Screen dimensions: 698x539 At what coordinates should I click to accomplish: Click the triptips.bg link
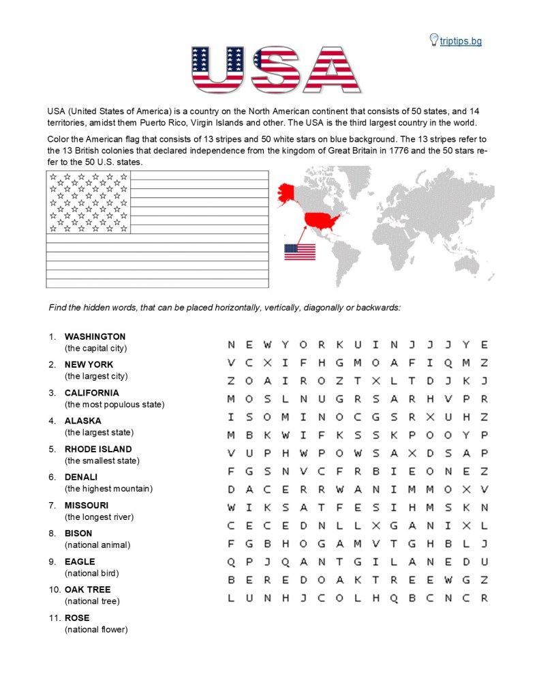pyautogui.click(x=460, y=41)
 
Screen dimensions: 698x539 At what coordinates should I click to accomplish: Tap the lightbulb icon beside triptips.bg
pyautogui.click(x=433, y=40)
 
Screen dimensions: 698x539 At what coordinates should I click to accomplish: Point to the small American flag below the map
pyautogui.click(x=300, y=252)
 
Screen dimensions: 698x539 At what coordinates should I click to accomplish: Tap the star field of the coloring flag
pyautogui.click(x=88, y=202)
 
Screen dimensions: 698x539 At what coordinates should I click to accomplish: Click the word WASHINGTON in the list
pyautogui.click(x=95, y=336)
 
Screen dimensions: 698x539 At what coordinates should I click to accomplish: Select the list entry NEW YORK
pyautogui.click(x=89, y=364)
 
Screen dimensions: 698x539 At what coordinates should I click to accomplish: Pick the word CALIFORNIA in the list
pyautogui.click(x=91, y=393)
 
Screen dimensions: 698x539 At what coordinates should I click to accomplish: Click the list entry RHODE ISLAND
pyautogui.click(x=98, y=449)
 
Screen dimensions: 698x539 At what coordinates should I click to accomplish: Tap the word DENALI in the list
pyautogui.click(x=81, y=477)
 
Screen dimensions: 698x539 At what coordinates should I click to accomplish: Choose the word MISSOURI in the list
pyautogui.click(x=87, y=505)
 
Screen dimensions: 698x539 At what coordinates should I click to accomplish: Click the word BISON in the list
pyautogui.click(x=78, y=533)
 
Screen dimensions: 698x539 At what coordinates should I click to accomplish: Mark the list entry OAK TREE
pyautogui.click(x=87, y=590)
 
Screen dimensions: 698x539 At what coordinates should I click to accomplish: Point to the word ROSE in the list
pyautogui.click(x=77, y=617)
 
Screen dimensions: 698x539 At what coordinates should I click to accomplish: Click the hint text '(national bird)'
pyautogui.click(x=93, y=573)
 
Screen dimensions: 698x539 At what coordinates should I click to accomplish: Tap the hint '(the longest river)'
pyautogui.click(x=99, y=517)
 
